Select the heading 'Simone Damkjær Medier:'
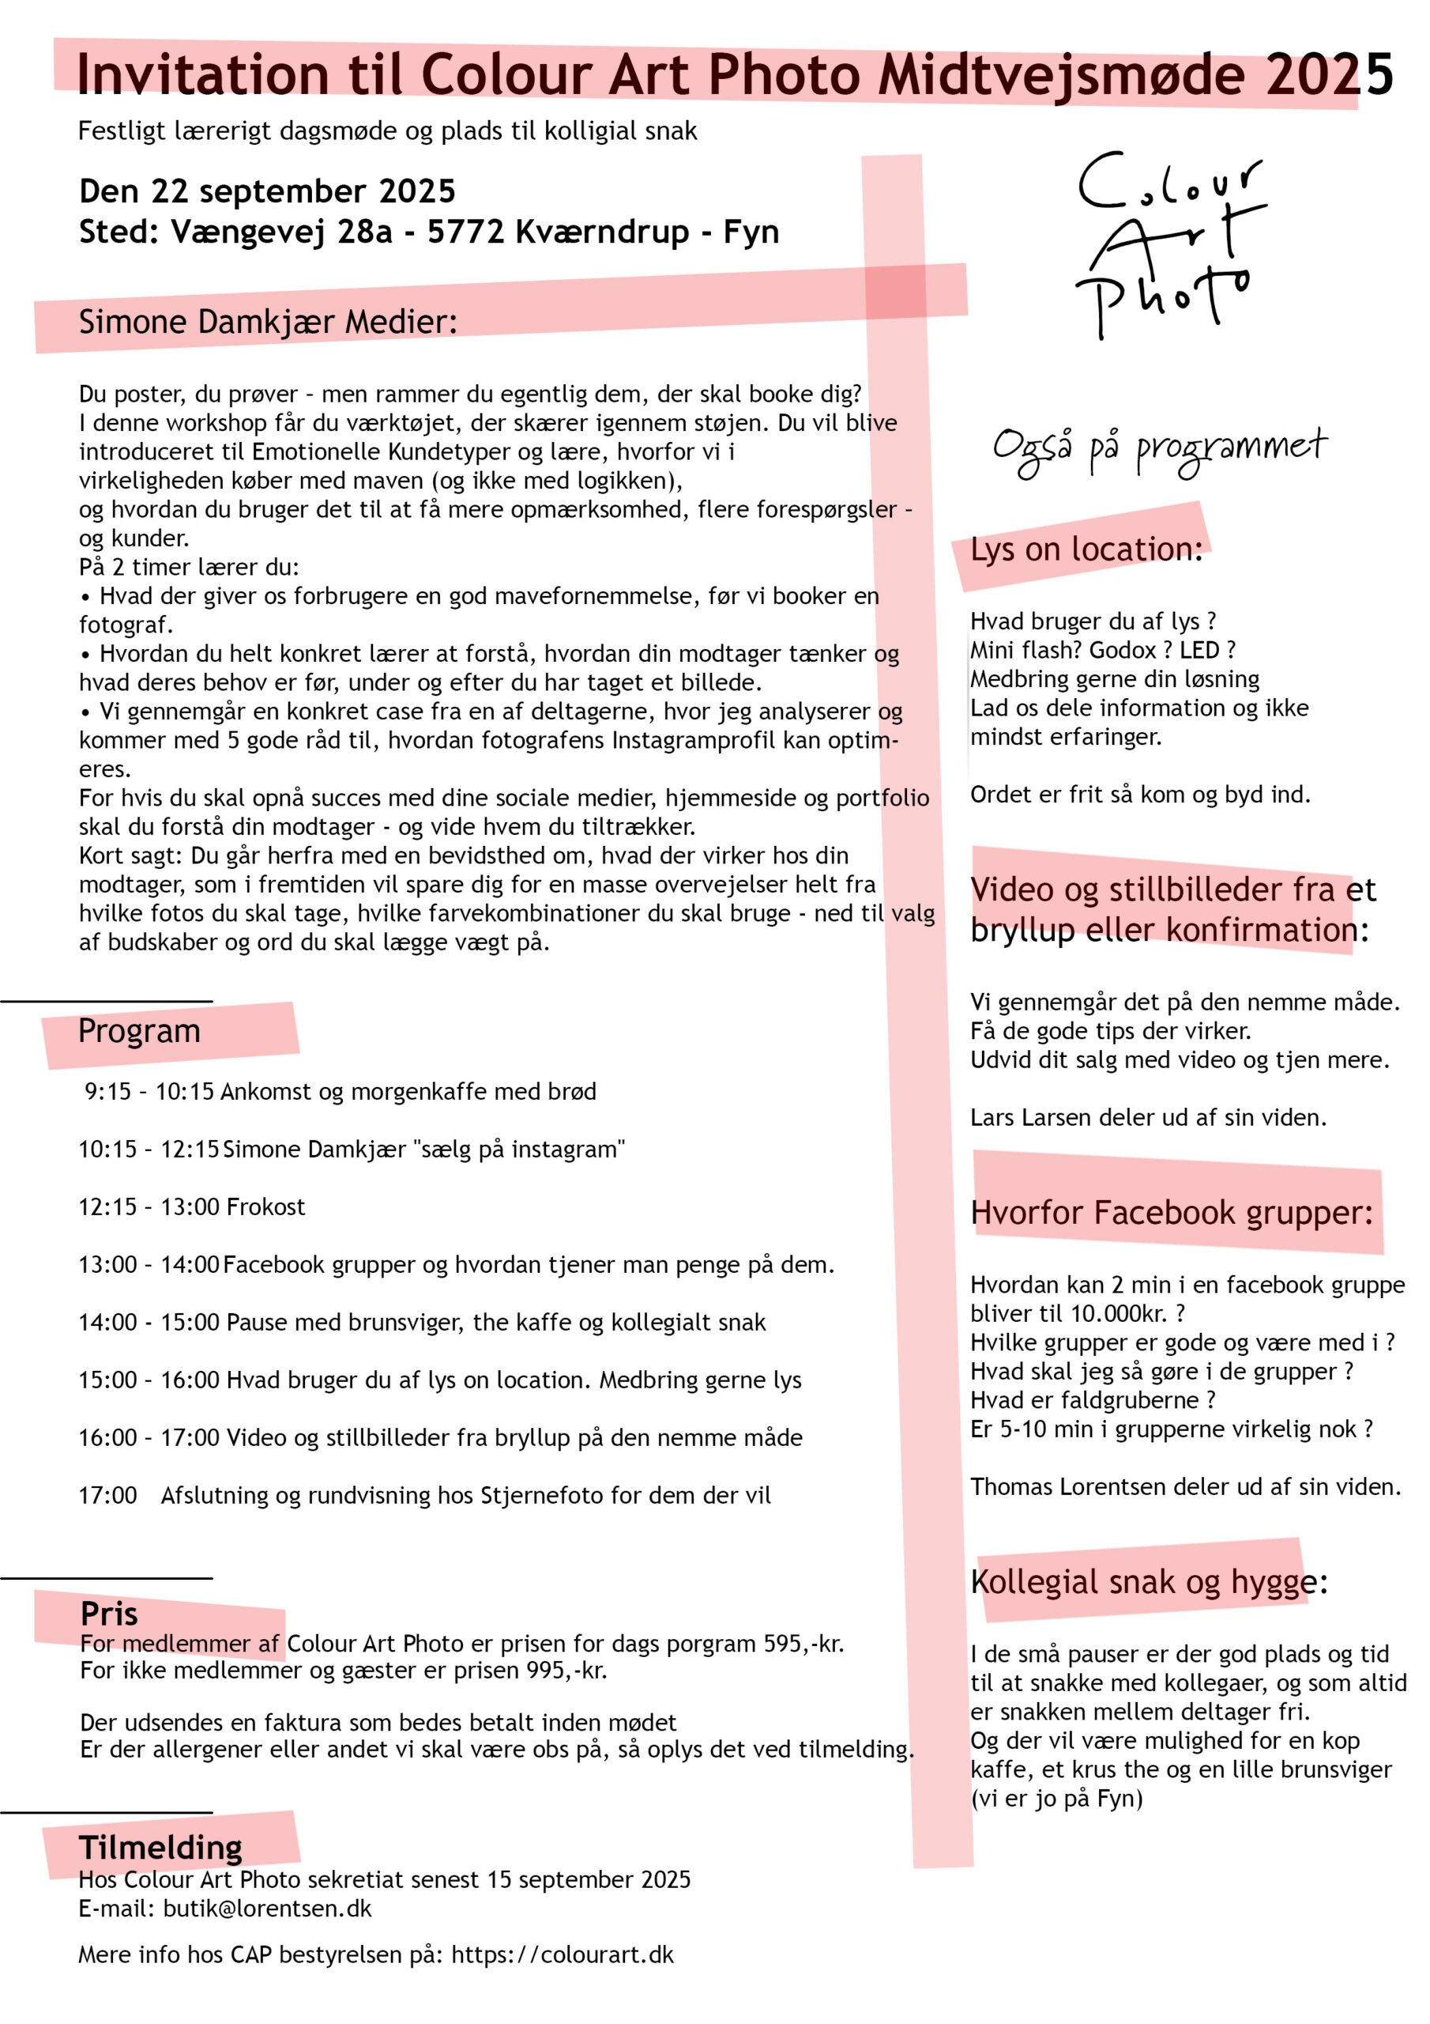pos(268,322)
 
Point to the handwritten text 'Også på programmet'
pos(1159,450)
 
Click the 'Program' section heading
pos(139,1030)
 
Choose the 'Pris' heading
pos(109,1613)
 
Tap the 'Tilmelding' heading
pos(160,1847)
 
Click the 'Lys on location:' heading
pos(1086,549)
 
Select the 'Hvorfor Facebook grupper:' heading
pos(1171,1212)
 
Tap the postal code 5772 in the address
pos(466,232)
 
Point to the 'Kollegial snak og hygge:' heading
pos(1148,1581)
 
